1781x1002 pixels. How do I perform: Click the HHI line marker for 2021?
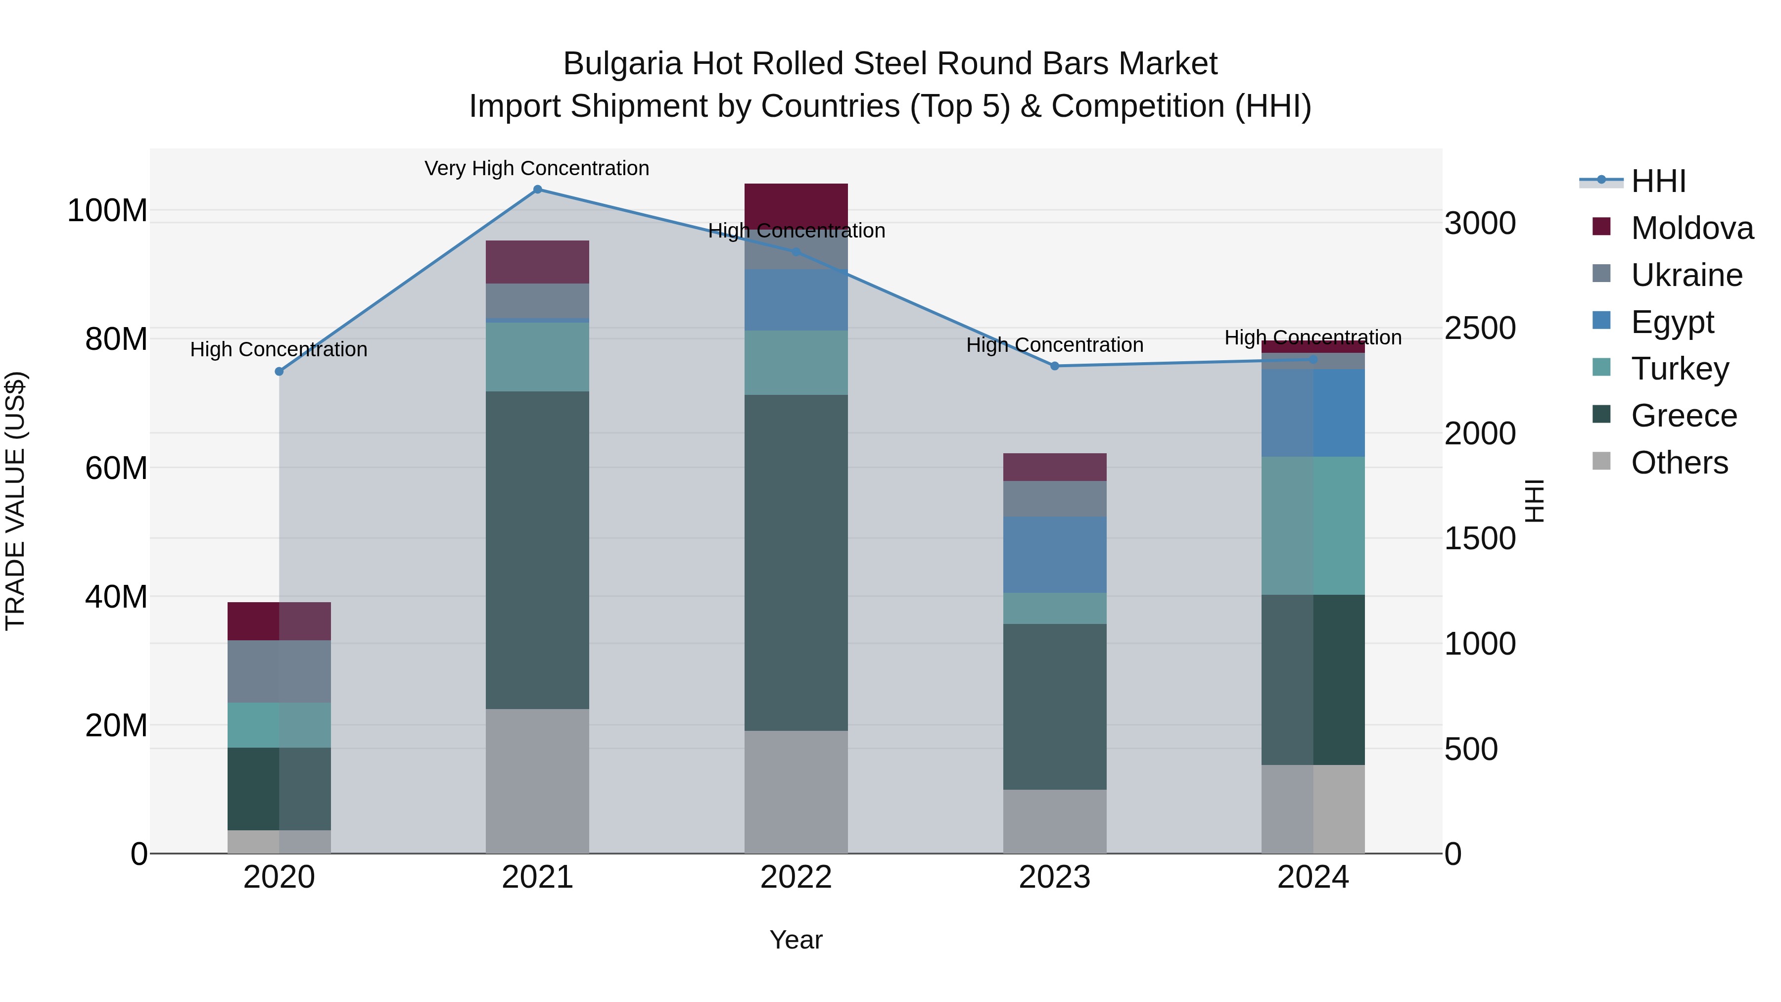click(537, 190)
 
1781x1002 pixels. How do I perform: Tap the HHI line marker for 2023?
click(1054, 366)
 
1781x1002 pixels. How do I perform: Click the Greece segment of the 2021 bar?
click(537, 550)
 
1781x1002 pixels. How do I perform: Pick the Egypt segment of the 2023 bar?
click(1054, 555)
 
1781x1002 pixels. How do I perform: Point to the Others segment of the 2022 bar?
click(796, 792)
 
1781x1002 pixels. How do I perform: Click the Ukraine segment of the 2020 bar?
click(280, 671)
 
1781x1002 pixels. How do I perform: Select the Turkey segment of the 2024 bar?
click(1313, 525)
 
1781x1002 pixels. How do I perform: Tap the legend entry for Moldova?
click(1691, 228)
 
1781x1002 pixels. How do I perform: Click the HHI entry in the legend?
click(1658, 181)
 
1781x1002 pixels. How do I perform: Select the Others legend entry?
click(1679, 462)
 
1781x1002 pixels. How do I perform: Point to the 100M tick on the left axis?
click(107, 210)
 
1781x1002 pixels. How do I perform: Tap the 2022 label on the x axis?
click(796, 877)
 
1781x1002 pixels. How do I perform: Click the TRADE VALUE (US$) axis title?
click(15, 501)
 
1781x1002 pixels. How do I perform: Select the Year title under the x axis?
click(796, 940)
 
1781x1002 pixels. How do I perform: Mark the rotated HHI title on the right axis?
click(1534, 501)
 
